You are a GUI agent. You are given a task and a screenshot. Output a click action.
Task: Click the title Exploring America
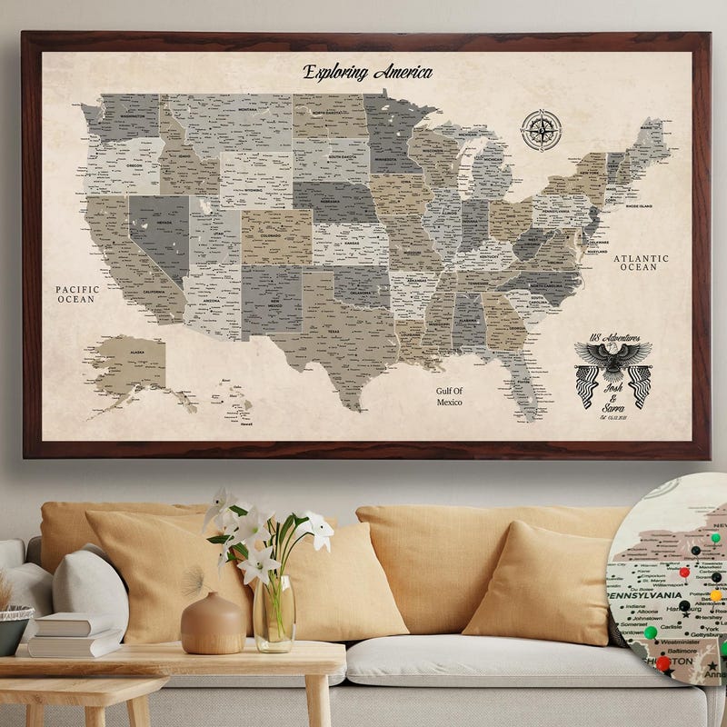[x=367, y=73]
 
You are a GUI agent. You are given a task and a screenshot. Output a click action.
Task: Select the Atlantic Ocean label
[x=641, y=263]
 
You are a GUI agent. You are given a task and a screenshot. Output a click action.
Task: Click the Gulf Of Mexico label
[x=449, y=396]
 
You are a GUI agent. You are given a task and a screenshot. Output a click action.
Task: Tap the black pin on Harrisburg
[x=684, y=606]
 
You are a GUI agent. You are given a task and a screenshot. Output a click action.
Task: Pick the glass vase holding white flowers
[x=274, y=613]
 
